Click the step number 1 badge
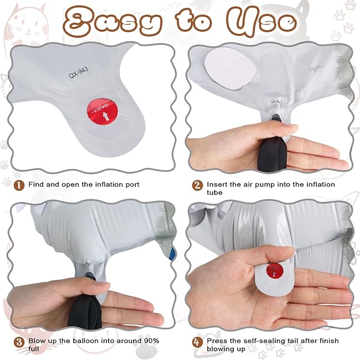pos(19,185)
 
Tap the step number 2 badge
pos(197,185)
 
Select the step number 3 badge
pos(19,343)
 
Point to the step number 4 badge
pos(197,343)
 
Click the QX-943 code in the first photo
pos(78,73)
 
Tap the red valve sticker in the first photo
pos(102,111)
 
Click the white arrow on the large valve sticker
pos(106,116)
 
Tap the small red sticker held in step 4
pos(275,270)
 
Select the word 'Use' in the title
pos(262,22)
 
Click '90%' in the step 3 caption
pos(152,341)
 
